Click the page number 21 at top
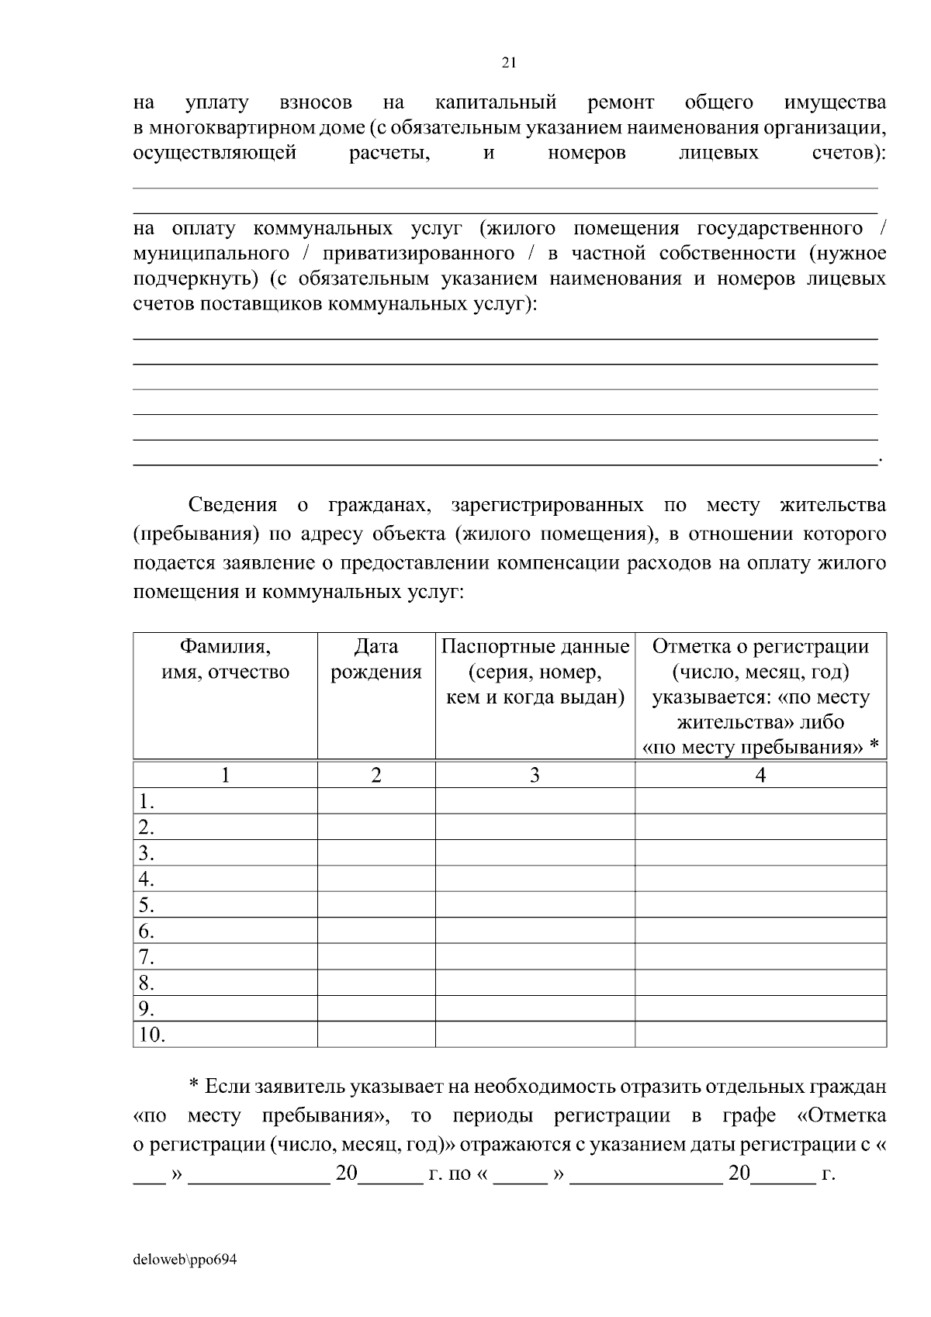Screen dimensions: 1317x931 [x=509, y=63]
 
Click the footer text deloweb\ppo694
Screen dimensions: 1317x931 [x=184, y=1260]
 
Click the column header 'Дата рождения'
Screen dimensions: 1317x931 [x=376, y=659]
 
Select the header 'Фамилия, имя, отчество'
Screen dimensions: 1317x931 [x=225, y=659]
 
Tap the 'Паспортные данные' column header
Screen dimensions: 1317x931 [x=535, y=672]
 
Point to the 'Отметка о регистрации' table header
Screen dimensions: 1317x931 [x=760, y=646]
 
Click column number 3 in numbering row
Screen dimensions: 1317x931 [x=535, y=775]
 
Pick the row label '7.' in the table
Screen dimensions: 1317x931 [x=147, y=956]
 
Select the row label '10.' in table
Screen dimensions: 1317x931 [x=152, y=1035]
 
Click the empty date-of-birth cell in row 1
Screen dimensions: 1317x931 [x=376, y=800]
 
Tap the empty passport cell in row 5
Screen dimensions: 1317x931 [x=535, y=904]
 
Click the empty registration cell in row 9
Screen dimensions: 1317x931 [x=760, y=1008]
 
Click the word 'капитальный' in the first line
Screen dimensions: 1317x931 [x=496, y=102]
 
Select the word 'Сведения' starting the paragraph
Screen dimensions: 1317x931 [x=233, y=505]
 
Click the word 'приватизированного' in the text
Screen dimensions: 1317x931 [x=419, y=254]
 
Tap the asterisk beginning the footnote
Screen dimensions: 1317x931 [x=195, y=1086]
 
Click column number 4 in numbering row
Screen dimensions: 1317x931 [x=760, y=775]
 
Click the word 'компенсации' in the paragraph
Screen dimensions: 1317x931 [x=552, y=562]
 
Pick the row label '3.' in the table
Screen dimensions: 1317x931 [x=147, y=853]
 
